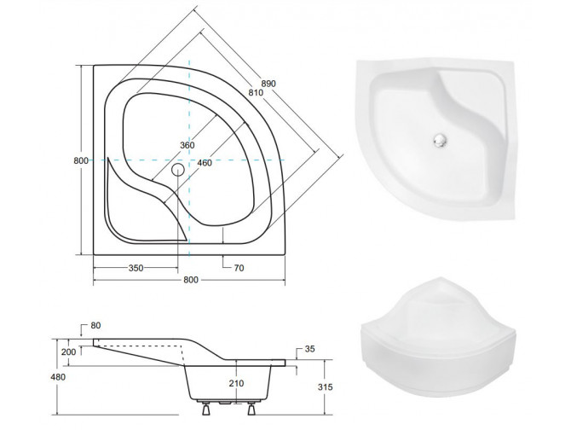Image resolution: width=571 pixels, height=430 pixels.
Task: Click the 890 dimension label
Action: [268, 84]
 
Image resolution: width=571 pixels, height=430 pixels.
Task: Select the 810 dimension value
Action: [256, 92]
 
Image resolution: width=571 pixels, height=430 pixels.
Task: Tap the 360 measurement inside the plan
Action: [187, 145]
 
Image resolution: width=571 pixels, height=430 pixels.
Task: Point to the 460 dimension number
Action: [205, 163]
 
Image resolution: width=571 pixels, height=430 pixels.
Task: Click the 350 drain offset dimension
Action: [136, 268]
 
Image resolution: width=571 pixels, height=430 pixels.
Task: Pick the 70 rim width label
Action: [239, 268]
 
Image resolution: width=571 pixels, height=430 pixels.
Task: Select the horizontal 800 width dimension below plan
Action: [191, 280]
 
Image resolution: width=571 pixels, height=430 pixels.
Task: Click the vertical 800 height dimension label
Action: [81, 160]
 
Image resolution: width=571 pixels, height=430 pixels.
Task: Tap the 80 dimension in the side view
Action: [95, 325]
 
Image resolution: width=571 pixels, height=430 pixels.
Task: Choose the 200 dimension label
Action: [69, 352]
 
